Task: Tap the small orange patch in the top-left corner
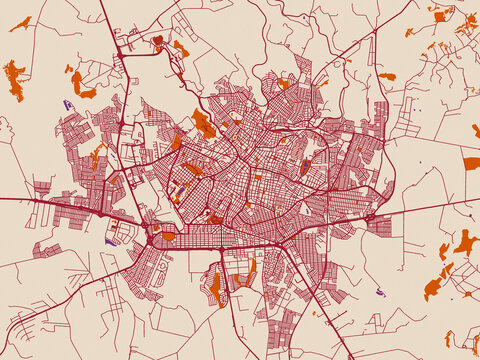click(x=20, y=23)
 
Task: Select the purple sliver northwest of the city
click(x=67, y=103)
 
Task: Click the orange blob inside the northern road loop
click(x=157, y=41)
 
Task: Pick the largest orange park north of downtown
click(x=203, y=124)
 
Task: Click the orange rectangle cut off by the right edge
click(x=471, y=162)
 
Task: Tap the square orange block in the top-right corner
click(x=440, y=15)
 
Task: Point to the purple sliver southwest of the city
click(x=110, y=240)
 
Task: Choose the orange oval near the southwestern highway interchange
click(x=167, y=236)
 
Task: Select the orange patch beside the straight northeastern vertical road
click(x=386, y=76)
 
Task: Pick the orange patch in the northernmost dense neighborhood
click(x=283, y=84)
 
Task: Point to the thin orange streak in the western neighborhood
click(x=97, y=155)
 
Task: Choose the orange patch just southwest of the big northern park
click(x=177, y=142)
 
